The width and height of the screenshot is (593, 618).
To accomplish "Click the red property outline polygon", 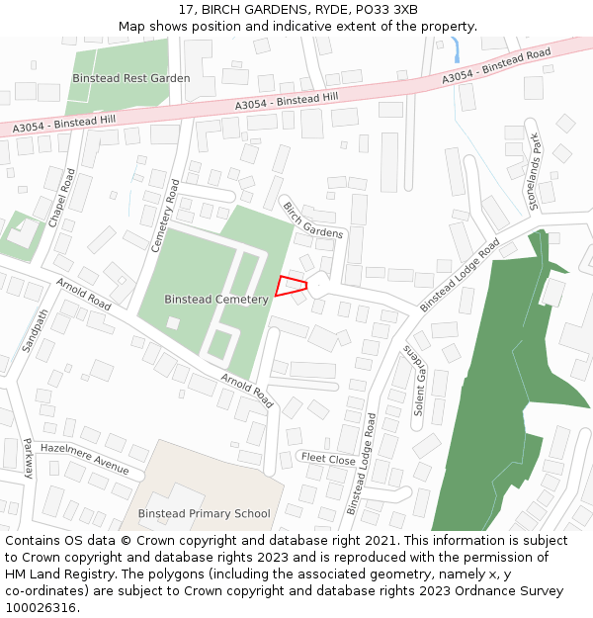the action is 290,286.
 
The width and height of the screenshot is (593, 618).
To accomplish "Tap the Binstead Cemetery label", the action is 216,299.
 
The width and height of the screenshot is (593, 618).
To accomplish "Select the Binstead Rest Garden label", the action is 131,78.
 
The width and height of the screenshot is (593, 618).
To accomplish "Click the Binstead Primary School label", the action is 204,513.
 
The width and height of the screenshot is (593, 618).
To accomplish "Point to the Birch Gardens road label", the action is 313,220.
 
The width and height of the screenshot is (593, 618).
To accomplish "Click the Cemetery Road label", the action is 164,216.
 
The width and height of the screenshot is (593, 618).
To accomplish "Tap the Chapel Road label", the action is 61,197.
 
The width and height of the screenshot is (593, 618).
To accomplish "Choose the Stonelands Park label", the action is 537,170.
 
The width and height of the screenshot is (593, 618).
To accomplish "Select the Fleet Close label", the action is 328,460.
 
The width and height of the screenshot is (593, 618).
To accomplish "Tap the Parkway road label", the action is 27,458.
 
